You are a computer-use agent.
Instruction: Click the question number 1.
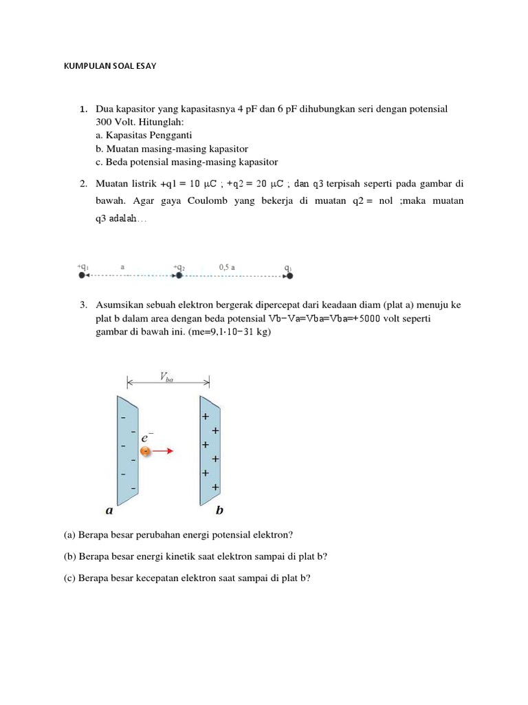(x=82, y=109)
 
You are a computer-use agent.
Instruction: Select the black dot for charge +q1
(x=82, y=275)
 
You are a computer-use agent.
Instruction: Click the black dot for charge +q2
(x=179, y=275)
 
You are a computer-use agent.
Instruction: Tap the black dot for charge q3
(x=289, y=275)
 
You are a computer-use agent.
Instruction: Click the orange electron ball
(x=146, y=451)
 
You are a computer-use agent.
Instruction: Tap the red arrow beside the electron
(x=164, y=451)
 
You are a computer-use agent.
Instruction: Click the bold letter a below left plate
(x=109, y=510)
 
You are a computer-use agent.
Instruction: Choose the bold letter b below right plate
(x=219, y=510)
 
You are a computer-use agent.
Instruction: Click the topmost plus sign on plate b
(x=205, y=417)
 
